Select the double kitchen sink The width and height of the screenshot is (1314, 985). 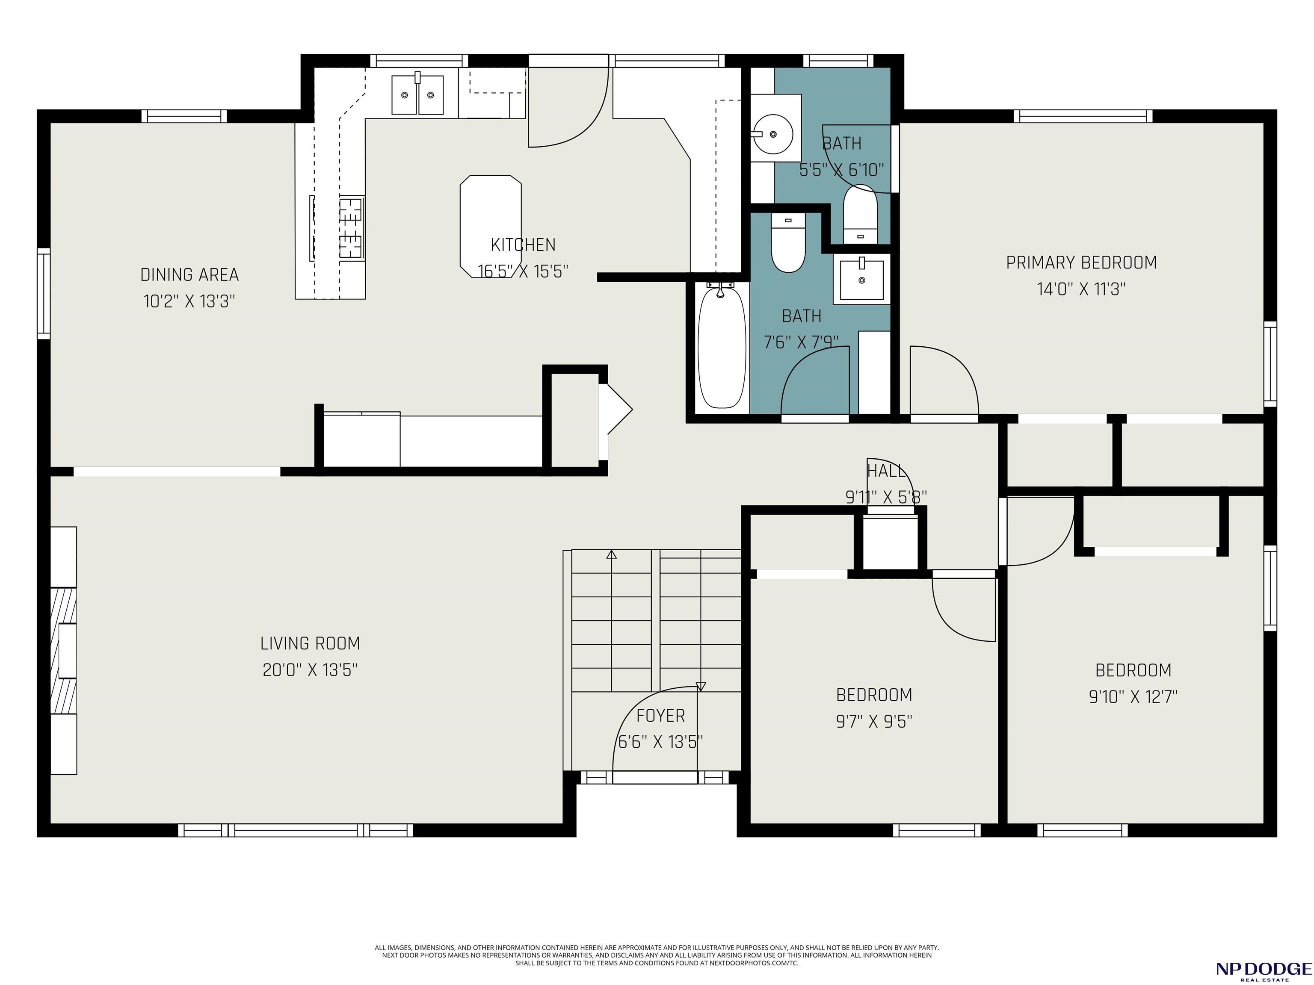coord(417,94)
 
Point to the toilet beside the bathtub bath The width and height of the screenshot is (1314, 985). coord(788,242)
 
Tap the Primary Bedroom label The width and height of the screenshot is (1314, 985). coord(1081,262)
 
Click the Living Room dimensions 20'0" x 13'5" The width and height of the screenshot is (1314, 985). coord(310,670)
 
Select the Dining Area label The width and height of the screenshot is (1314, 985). coord(189,275)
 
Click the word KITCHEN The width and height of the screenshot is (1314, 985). coord(524,245)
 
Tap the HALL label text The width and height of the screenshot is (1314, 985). coord(886,471)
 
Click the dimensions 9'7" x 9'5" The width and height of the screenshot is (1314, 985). coord(874,721)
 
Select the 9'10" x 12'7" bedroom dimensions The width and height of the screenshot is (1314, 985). coord(1133,696)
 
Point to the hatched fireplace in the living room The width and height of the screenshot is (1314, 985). coord(64,650)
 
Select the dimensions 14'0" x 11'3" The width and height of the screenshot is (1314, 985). coord(1081,289)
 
